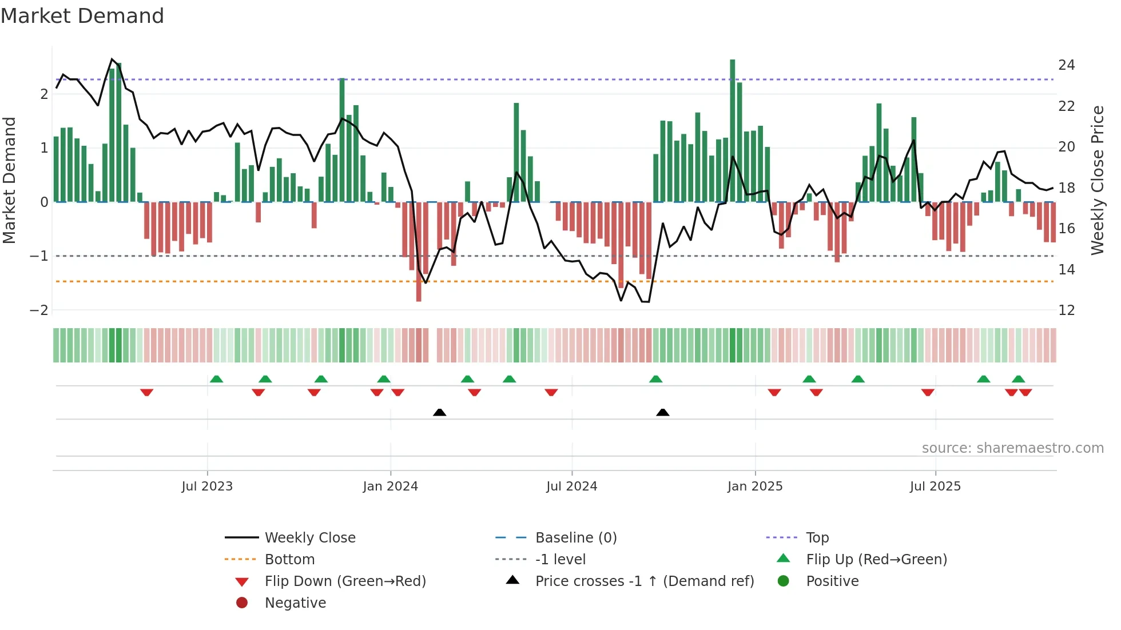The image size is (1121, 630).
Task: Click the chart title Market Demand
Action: [82, 16]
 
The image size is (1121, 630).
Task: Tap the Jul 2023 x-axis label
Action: [207, 487]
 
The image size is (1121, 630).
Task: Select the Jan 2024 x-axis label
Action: [391, 487]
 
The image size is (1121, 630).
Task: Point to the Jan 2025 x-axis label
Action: [755, 487]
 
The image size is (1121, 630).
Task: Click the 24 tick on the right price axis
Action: [1066, 65]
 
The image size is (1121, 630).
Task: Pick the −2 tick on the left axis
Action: [39, 310]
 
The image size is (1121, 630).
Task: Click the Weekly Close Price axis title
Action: [1097, 180]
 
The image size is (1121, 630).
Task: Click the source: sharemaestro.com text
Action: [1012, 448]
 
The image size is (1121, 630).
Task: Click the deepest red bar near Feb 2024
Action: [419, 252]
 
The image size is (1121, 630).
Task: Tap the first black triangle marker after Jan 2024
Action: [439, 412]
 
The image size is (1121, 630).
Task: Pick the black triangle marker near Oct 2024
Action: [662, 412]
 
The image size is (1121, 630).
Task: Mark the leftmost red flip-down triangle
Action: [146, 392]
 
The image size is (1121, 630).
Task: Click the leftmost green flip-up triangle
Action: [216, 379]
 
